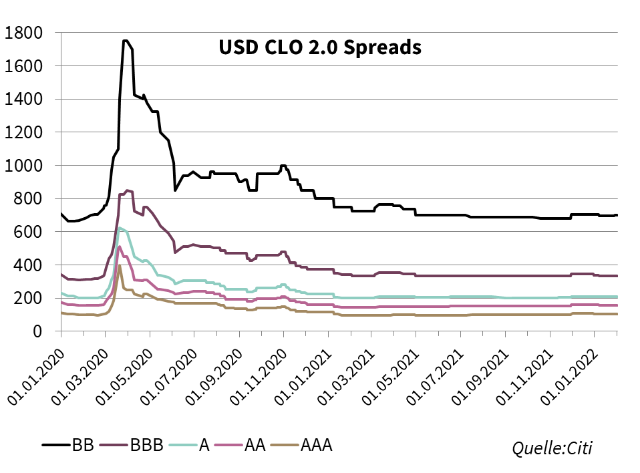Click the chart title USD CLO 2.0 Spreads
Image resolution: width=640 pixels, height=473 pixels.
(320, 48)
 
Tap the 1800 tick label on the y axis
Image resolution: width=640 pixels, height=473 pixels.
(24, 33)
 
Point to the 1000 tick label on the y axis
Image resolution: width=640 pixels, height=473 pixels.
(24, 165)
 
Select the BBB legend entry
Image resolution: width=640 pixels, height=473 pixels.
(146, 445)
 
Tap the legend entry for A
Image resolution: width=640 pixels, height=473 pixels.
(204, 445)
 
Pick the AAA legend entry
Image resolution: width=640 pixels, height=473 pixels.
(317, 445)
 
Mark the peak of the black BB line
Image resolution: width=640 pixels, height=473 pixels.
(125, 40)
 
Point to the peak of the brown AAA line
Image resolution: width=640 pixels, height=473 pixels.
(120, 265)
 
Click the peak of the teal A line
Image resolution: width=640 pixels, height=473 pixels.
(120, 228)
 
